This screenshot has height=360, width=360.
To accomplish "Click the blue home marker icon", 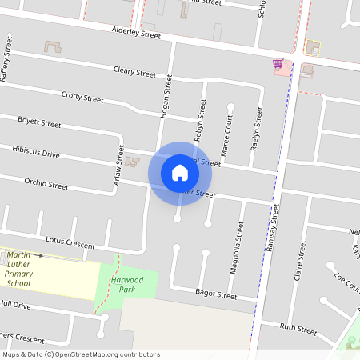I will tap(179, 173).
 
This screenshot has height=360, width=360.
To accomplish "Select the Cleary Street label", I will tap(134, 73).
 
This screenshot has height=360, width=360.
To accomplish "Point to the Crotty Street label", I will tap(82, 98).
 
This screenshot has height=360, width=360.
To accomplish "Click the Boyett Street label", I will tap(39, 123).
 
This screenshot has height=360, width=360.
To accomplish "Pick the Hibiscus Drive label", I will tap(35, 151).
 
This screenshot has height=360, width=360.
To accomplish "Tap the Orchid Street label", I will tap(46, 184).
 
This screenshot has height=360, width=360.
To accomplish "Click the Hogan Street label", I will tap(167, 98).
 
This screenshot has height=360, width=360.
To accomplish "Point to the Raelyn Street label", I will tap(258, 128).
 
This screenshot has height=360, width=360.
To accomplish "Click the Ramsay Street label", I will tap(273, 228).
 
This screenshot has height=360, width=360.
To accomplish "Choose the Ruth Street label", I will tap(298, 327).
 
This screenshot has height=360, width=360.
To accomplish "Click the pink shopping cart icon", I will tap(278, 63).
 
